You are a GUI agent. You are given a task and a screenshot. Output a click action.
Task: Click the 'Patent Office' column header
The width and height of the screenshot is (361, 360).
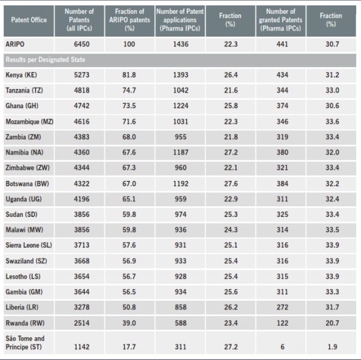click(28, 20)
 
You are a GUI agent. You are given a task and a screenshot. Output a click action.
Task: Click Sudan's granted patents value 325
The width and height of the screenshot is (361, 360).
click(280, 215)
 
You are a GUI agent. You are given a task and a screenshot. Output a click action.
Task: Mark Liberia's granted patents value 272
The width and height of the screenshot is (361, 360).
click(280, 308)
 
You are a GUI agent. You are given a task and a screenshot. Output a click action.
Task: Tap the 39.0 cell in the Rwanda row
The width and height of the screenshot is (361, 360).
click(129, 324)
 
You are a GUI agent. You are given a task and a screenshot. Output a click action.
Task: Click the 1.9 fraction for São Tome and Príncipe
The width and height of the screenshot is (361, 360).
click(332, 347)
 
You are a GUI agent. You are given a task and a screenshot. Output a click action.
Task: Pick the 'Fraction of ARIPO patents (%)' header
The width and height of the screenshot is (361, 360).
click(129, 20)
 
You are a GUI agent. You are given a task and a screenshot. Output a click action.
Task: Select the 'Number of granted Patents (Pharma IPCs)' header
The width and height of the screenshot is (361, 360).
click(280, 20)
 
